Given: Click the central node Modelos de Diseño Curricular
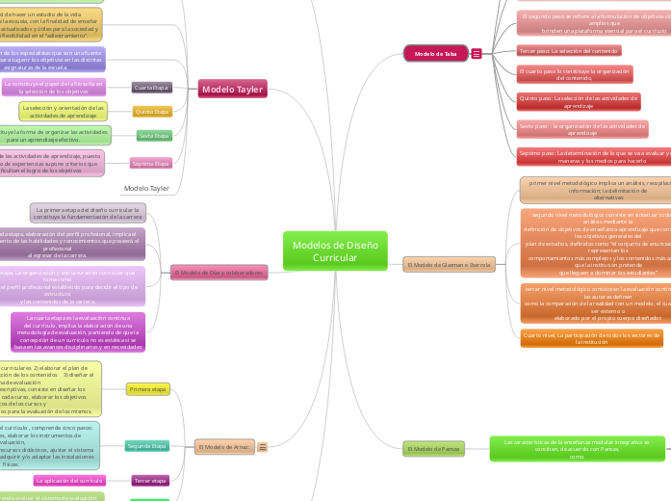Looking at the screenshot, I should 335,251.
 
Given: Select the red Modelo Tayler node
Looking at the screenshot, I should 231,90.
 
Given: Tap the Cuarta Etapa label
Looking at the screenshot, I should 152,88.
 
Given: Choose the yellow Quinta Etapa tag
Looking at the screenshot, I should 152,112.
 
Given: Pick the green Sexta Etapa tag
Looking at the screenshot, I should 154,135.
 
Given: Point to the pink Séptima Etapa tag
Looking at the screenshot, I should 151,164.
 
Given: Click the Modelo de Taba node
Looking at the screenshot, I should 434,54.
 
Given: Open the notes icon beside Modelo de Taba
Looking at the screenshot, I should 477,54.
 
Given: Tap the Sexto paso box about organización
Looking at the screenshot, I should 581,129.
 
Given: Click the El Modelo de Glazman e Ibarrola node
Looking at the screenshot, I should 449,264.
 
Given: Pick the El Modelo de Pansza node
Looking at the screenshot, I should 434,448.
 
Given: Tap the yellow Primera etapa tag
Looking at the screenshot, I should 148,388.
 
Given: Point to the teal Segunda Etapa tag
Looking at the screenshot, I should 146,446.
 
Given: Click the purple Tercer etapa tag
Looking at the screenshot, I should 150,480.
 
